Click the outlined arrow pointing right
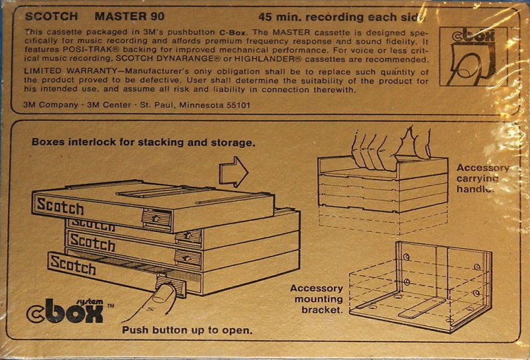click(x=233, y=174)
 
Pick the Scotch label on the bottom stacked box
click(x=72, y=265)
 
